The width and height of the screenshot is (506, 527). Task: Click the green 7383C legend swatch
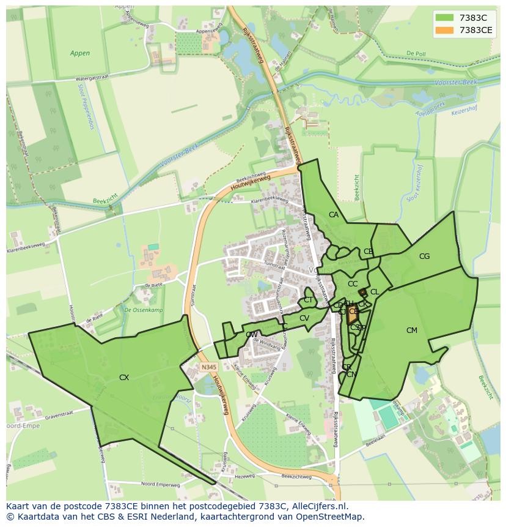click(x=445, y=18)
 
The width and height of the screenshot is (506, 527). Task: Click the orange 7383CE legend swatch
click(x=445, y=30)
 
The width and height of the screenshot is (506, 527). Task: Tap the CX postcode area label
click(x=124, y=378)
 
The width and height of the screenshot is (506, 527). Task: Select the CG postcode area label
click(x=424, y=256)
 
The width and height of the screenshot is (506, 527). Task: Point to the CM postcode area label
click(x=411, y=331)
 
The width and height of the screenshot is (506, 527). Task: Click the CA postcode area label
click(x=333, y=215)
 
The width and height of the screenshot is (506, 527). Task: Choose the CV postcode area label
click(x=304, y=318)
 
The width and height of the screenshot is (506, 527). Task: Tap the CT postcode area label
click(x=308, y=300)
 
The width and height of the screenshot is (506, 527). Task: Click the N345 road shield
click(x=208, y=367)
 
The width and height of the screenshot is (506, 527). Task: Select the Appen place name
click(x=79, y=53)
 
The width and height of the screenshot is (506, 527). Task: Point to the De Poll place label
click(x=416, y=53)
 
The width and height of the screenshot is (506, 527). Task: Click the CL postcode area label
click(x=375, y=292)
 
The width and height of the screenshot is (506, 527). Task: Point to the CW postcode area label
click(x=251, y=335)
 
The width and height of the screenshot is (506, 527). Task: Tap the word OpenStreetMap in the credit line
click(x=331, y=517)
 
